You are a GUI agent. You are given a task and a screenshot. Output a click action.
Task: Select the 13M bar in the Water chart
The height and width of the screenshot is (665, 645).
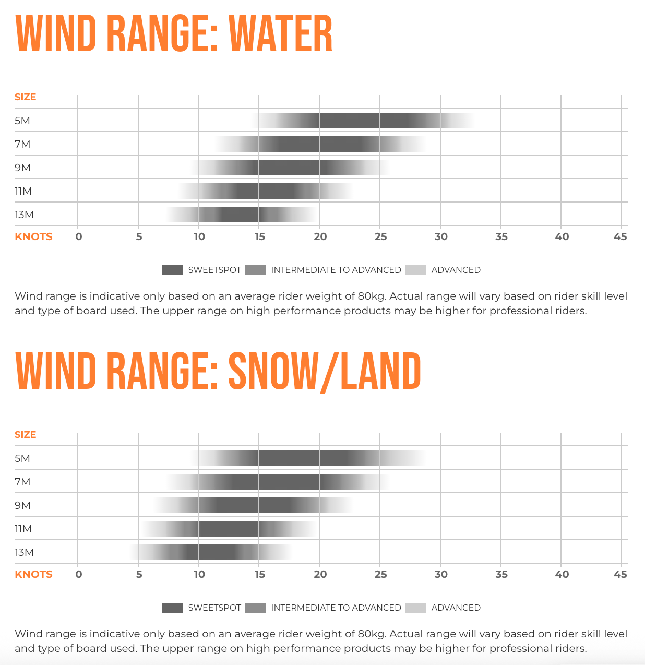click(241, 215)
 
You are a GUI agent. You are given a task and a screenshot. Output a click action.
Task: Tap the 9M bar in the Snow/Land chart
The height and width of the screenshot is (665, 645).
click(254, 505)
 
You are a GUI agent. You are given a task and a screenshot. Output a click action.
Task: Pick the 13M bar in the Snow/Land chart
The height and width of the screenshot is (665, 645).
click(211, 552)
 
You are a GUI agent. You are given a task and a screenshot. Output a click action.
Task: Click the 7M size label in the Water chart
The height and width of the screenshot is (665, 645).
click(22, 144)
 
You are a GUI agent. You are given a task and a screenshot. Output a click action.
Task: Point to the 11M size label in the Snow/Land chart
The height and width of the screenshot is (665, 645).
click(23, 529)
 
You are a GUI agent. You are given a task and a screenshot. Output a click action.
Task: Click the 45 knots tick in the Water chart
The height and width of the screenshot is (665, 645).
click(620, 236)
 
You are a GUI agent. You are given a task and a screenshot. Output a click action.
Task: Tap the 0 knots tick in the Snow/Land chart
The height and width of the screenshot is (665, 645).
click(79, 574)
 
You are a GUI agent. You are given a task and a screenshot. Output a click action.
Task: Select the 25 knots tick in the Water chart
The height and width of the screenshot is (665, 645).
click(380, 236)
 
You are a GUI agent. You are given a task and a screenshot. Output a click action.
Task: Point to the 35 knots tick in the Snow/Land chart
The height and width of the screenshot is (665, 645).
click(501, 574)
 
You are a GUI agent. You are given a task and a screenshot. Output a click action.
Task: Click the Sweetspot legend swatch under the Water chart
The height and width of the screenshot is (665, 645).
click(172, 270)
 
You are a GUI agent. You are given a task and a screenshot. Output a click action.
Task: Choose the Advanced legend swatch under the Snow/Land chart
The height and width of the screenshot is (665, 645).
click(415, 608)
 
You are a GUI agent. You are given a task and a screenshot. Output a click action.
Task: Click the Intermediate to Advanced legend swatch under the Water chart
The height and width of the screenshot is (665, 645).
click(255, 270)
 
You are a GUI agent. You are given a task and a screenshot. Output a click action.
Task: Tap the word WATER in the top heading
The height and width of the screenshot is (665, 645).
click(280, 34)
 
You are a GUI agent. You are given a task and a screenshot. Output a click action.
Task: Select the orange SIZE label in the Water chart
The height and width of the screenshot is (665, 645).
click(25, 97)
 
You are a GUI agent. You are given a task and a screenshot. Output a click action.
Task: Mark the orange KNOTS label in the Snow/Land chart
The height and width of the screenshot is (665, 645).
click(33, 574)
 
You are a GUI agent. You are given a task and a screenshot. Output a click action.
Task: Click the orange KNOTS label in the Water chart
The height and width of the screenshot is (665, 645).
click(33, 236)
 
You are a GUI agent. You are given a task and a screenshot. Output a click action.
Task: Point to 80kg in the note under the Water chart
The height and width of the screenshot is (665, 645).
click(372, 296)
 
